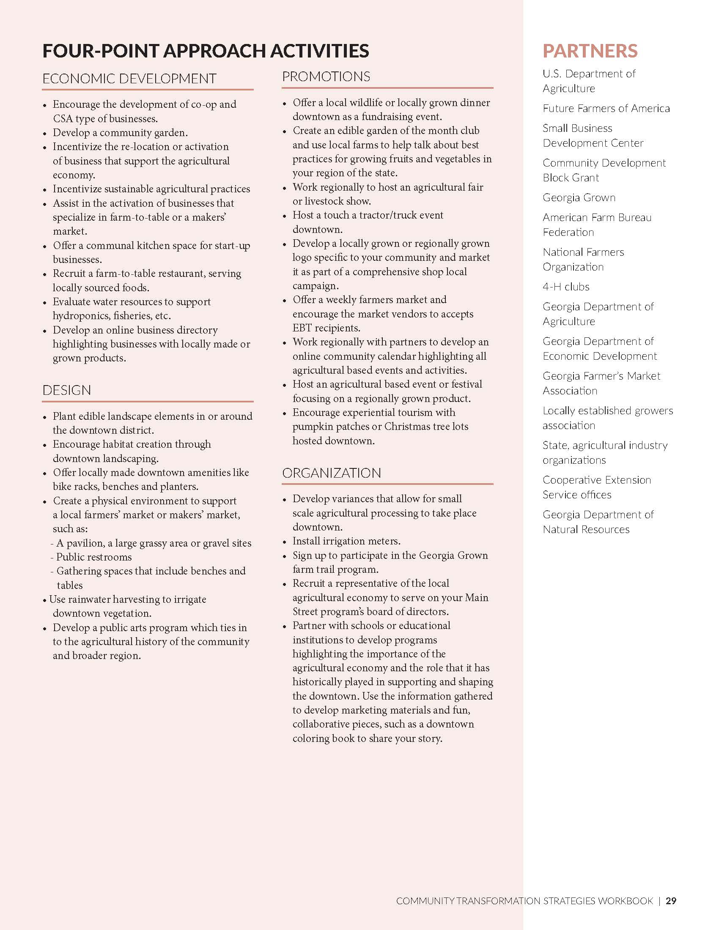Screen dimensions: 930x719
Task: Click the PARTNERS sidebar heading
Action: click(590, 51)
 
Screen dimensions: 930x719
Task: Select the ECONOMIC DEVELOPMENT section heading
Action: click(129, 79)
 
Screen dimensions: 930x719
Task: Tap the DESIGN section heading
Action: click(66, 390)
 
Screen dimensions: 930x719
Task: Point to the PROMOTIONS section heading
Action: click(326, 77)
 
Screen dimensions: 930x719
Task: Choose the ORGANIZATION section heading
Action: click(332, 473)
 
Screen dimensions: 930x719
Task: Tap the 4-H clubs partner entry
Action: click(565, 287)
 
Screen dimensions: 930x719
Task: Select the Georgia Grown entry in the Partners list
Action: click(579, 197)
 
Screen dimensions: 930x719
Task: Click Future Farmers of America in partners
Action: click(606, 109)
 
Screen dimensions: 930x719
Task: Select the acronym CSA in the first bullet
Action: click(63, 119)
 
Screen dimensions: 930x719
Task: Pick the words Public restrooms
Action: click(94, 557)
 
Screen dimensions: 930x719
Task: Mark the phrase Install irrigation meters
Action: click(346, 541)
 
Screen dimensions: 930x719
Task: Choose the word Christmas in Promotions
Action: click(409, 427)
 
